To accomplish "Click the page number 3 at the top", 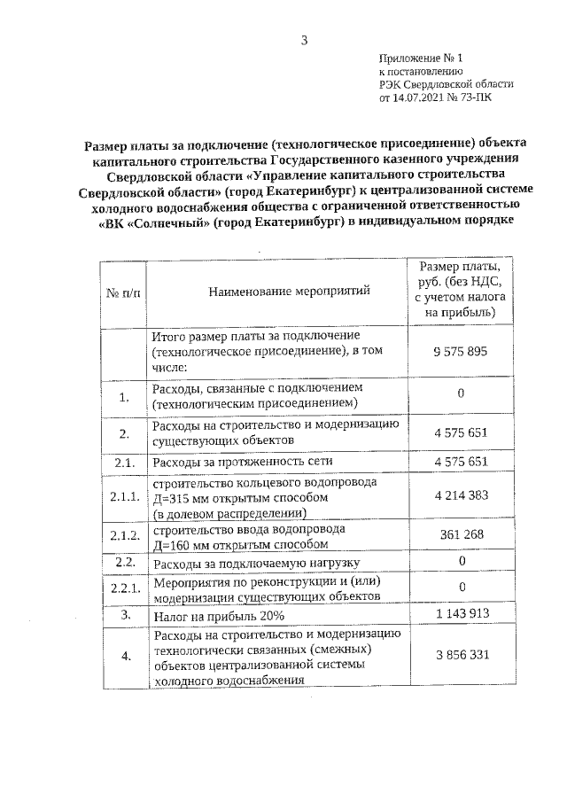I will pos(303,40).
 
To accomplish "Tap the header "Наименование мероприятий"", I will pos(278,290).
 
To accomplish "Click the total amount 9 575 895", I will pos(461,352).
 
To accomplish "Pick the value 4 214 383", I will pos(461,495).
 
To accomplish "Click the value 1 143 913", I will pos(461,613).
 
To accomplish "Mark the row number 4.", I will pos(125,656).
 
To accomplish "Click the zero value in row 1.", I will pos(461,393).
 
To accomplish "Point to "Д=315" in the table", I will pos(173,498).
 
